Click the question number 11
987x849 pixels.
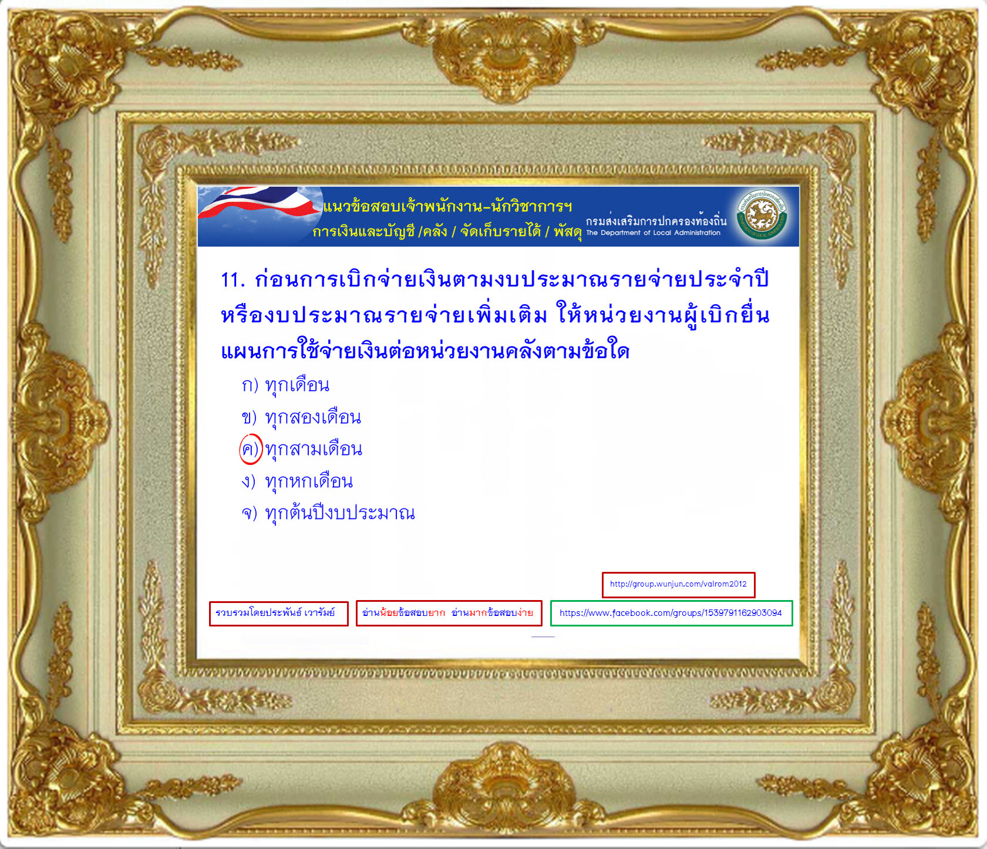click(233, 279)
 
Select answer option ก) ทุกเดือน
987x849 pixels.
click(285, 385)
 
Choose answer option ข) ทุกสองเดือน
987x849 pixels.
click(301, 417)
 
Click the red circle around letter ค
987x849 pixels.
click(251, 449)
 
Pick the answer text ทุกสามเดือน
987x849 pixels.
click(314, 449)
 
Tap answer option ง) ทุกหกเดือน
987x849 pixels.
click(297, 481)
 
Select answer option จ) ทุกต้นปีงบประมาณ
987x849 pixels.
click(328, 513)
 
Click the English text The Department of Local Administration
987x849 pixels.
click(653, 233)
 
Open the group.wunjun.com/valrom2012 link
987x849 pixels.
click(678, 584)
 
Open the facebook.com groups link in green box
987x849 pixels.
click(671, 613)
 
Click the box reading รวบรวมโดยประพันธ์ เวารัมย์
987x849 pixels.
click(278, 614)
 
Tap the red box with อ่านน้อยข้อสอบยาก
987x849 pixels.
click(449, 614)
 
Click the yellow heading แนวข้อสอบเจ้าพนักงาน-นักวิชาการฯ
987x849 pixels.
click(447, 207)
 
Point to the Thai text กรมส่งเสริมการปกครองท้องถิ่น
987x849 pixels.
click(656, 221)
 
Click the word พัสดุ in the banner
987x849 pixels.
click(567, 232)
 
